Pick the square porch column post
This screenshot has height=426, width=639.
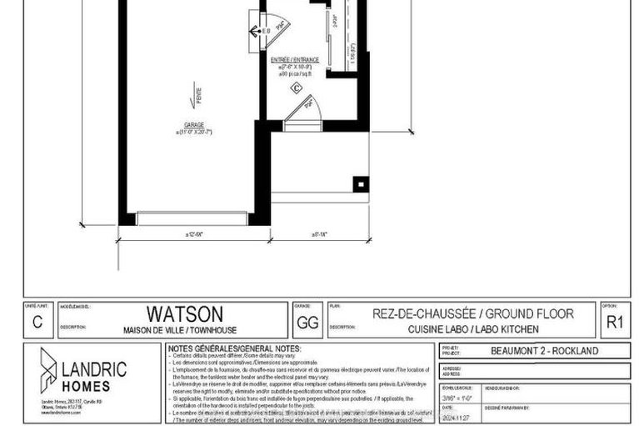click(x=361, y=183)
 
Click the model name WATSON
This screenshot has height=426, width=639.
click(x=185, y=313)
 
